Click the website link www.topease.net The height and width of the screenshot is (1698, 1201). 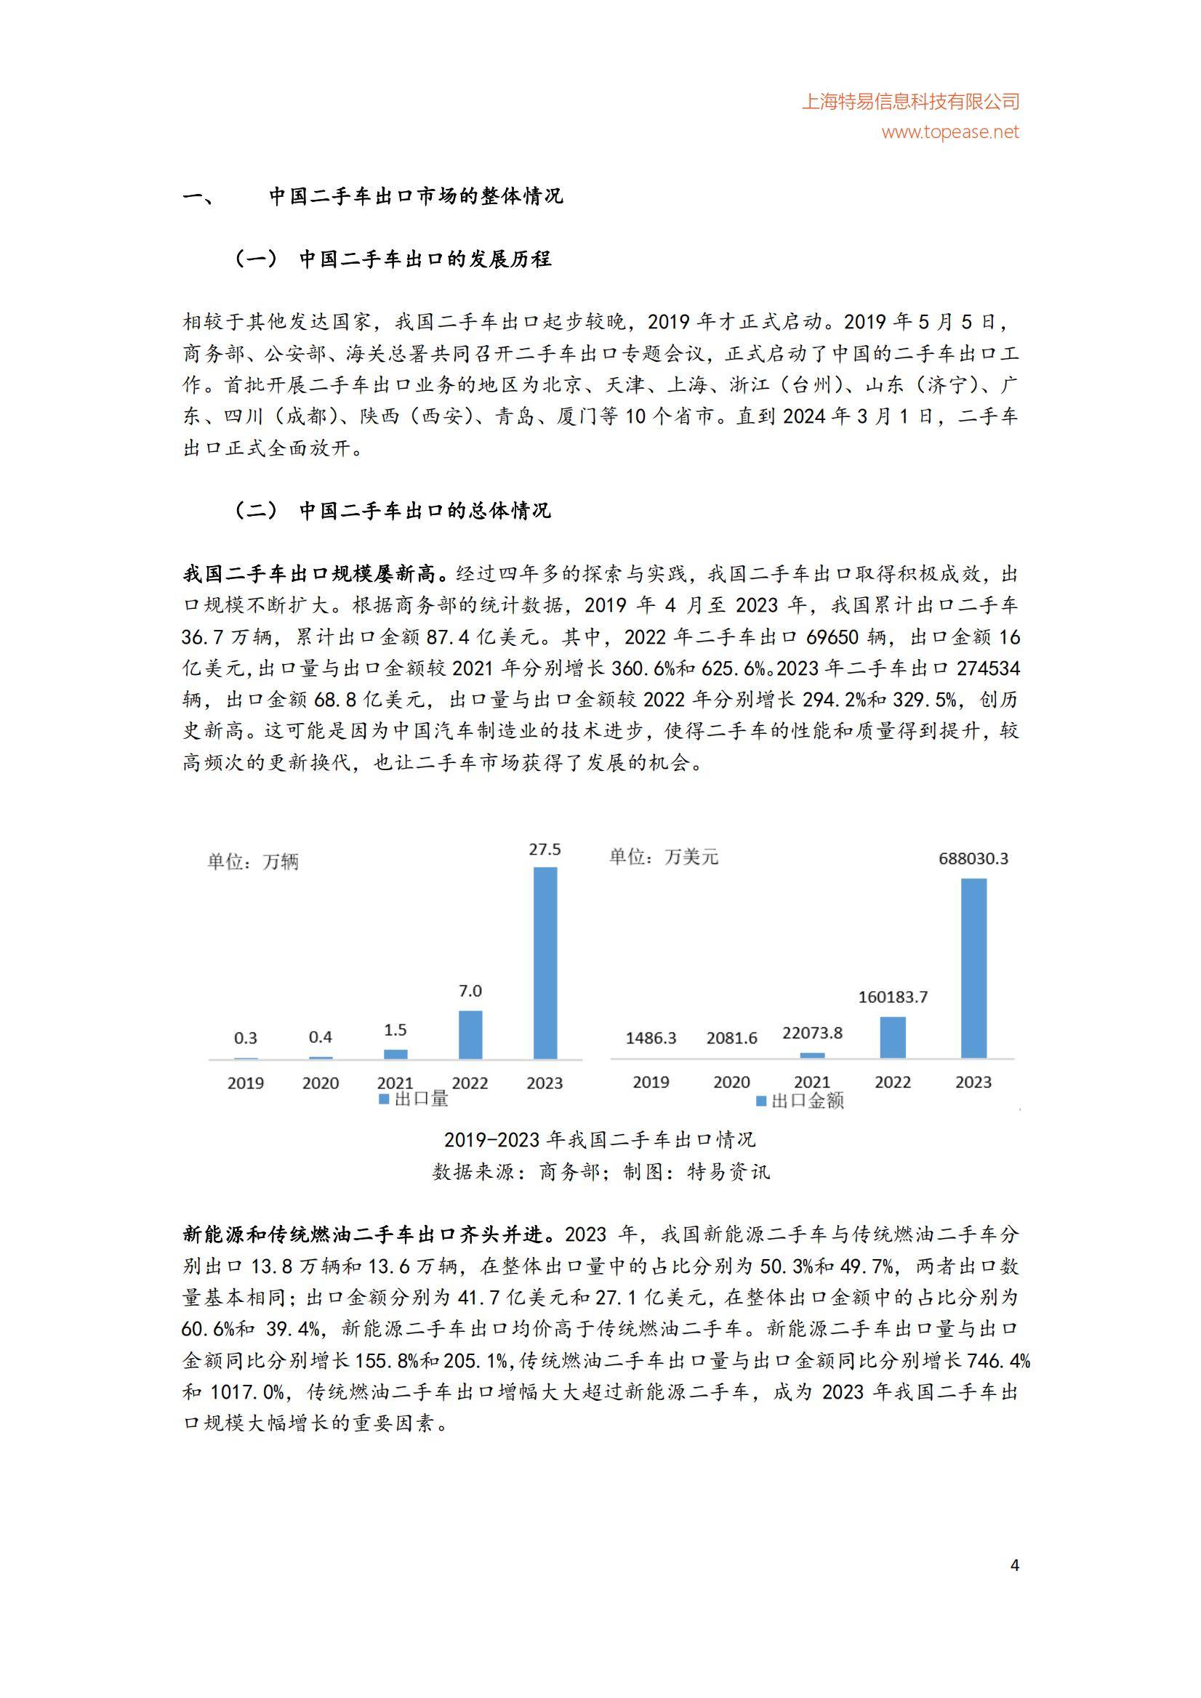[950, 132]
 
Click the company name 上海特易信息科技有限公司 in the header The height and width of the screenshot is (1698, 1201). [911, 101]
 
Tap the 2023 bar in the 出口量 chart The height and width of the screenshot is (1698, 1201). [545, 962]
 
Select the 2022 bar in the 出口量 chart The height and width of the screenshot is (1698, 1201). [470, 1034]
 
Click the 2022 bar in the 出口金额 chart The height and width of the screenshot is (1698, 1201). [893, 1037]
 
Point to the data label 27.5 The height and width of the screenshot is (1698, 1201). [545, 850]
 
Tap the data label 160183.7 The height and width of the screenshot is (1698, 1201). [893, 997]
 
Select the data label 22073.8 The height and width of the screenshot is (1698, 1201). [812, 1033]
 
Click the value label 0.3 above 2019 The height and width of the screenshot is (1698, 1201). [246, 1038]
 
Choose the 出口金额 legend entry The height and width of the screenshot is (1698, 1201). [799, 1101]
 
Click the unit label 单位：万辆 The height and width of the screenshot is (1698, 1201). [253, 862]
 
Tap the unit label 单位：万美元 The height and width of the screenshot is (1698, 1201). [663, 857]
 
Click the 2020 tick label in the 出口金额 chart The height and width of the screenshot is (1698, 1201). [731, 1082]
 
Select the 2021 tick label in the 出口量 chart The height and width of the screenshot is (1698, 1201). [395, 1083]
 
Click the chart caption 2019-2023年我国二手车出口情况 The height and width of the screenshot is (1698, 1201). [600, 1140]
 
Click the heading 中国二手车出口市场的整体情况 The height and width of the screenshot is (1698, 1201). [416, 197]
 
